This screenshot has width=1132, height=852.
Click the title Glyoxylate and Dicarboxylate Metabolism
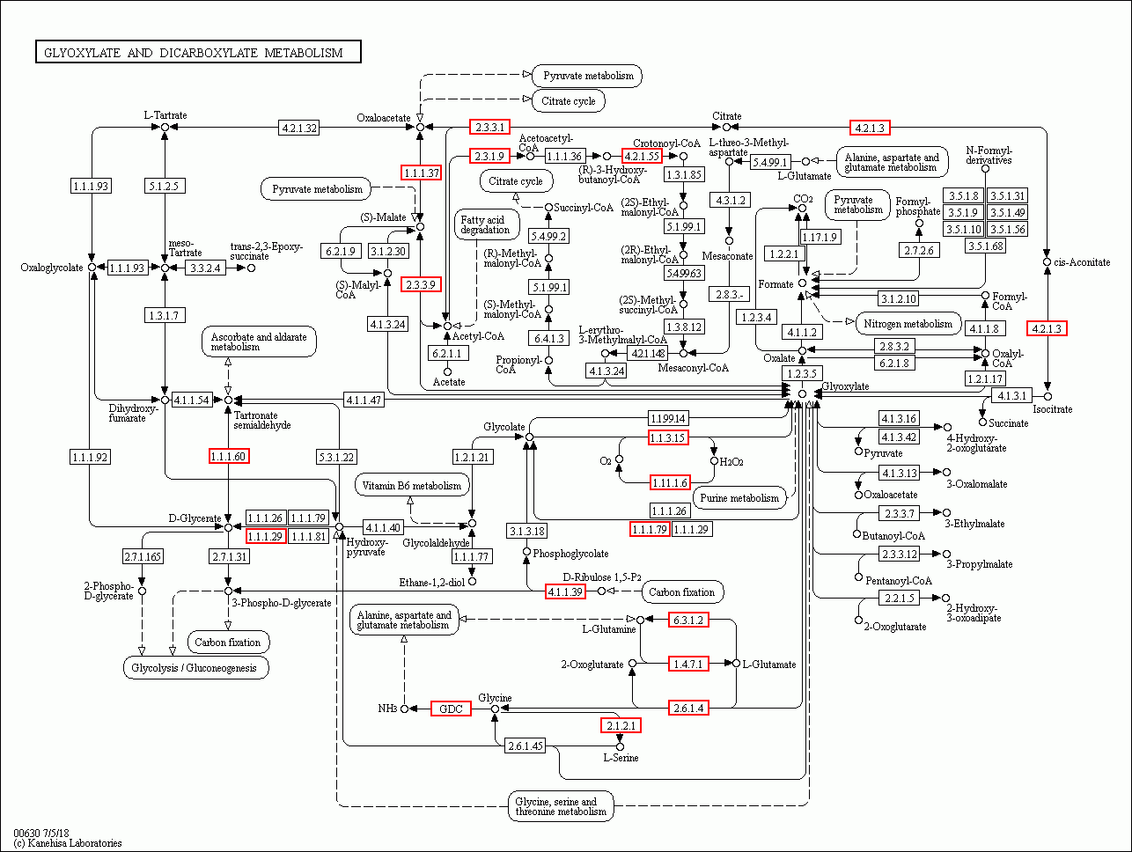click(198, 53)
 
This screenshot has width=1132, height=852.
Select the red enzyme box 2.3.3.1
click(489, 127)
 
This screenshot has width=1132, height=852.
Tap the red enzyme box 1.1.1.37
click(420, 173)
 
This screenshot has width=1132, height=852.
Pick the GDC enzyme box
click(451, 709)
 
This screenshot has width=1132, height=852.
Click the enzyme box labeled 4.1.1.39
click(565, 591)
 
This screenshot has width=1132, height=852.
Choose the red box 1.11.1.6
click(669, 481)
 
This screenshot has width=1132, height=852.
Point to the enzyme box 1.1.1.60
click(228, 455)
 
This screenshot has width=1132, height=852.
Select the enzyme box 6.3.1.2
click(687, 620)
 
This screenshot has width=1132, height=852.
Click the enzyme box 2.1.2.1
click(621, 725)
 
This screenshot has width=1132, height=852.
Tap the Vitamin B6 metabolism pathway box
click(412, 485)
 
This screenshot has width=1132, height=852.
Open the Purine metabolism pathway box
click(739, 498)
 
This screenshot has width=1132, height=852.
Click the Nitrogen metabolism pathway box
click(908, 323)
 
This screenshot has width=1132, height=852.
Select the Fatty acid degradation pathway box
click(484, 224)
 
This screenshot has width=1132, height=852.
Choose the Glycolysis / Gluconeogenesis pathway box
click(195, 667)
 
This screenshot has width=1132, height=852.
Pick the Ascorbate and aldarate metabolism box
click(259, 342)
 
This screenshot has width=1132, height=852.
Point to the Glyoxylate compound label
click(845, 386)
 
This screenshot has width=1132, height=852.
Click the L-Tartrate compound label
click(165, 115)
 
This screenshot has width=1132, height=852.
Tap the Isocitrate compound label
click(1053, 409)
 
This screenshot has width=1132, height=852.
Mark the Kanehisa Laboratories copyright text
click(68, 843)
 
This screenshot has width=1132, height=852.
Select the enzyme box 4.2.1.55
click(642, 156)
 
